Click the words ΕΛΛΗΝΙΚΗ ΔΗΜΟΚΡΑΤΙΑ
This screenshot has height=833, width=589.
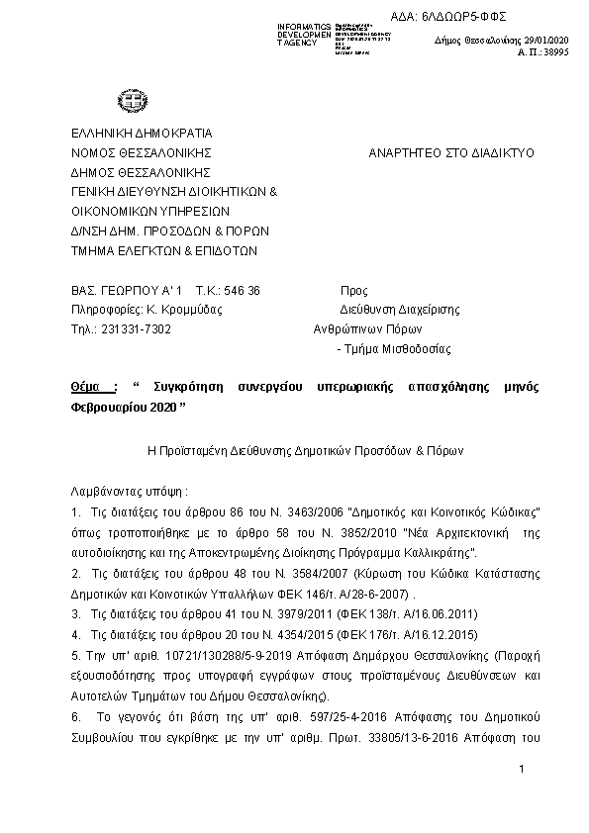tap(142, 134)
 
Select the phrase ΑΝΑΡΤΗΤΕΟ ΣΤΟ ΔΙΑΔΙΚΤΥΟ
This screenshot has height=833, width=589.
tap(451, 153)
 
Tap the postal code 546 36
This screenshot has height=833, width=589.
tap(242, 291)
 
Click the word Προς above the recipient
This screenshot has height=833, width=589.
tap(353, 291)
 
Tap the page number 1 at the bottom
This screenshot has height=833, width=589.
tap(520, 770)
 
